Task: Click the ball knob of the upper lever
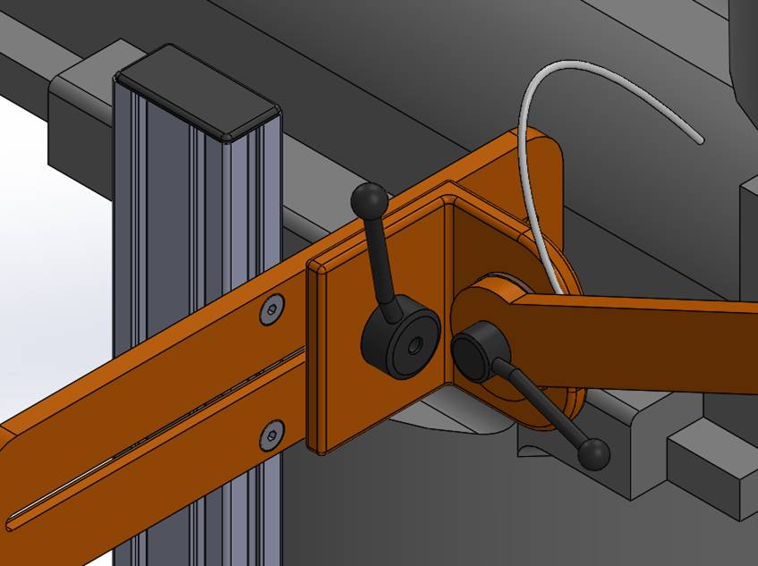[370, 199]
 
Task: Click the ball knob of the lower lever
[592, 454]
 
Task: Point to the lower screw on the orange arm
[271, 436]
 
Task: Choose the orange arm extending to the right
[644, 344]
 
